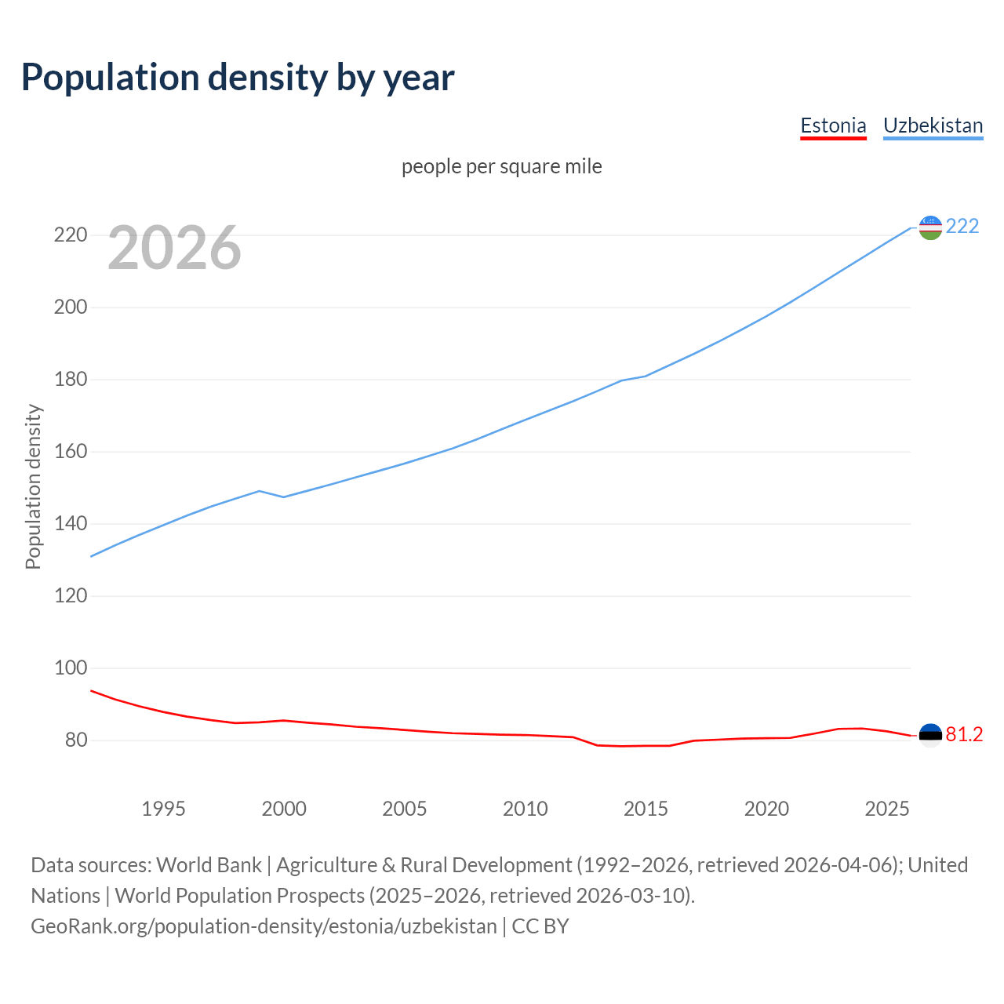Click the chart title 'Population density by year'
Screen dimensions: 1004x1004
click(x=238, y=77)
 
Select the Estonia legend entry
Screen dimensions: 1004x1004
click(x=833, y=125)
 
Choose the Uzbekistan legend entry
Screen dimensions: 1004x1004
click(x=933, y=125)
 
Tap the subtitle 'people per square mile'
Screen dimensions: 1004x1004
click(x=502, y=166)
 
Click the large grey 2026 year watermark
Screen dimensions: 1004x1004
click(x=174, y=248)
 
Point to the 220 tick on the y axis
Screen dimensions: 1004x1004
click(x=70, y=235)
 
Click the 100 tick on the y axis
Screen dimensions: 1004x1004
click(x=70, y=668)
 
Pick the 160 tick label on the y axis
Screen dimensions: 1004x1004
click(x=70, y=452)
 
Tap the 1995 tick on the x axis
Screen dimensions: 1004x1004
click(x=163, y=809)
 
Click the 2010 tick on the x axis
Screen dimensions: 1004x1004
click(x=525, y=809)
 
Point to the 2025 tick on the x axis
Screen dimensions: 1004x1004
click(x=886, y=809)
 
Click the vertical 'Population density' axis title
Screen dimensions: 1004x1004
click(x=33, y=486)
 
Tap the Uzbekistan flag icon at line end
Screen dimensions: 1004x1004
click(x=930, y=227)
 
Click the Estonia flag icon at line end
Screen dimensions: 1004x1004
click(x=930, y=735)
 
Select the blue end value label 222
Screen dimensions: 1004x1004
click(x=962, y=226)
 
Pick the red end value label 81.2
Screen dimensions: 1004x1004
click(x=964, y=734)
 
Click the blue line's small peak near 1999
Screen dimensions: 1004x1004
click(x=260, y=491)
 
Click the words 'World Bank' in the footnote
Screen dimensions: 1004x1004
click(x=209, y=864)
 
